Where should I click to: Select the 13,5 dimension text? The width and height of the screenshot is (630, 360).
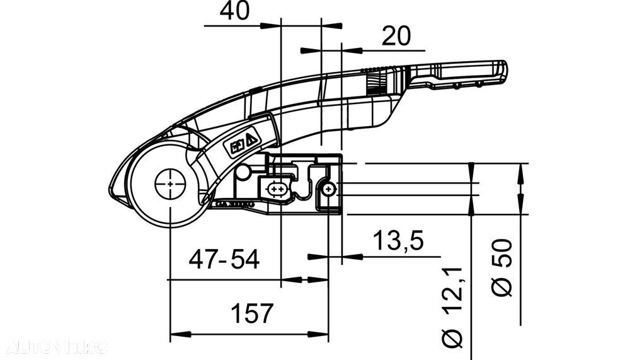(x=398, y=240)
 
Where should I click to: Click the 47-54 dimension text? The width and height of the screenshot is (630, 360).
(x=224, y=260)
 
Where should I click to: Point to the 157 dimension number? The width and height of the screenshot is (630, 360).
(x=251, y=313)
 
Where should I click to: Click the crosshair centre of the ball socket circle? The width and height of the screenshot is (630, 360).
(x=171, y=183)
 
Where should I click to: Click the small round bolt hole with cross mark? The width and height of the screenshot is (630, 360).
(x=327, y=189)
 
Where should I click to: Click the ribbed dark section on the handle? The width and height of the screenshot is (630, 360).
(x=376, y=83)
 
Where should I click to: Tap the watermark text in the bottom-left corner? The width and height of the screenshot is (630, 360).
(x=57, y=347)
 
